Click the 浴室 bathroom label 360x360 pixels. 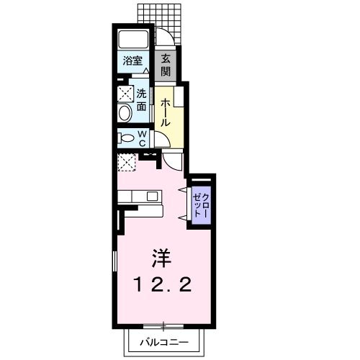point(132,62)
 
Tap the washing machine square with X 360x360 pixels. point(126,93)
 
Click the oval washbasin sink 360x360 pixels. point(124,113)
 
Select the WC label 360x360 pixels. point(143,138)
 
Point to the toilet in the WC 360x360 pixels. point(126,138)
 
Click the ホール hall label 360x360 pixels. point(165,112)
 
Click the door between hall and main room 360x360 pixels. point(174,159)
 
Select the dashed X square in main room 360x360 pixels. point(127,163)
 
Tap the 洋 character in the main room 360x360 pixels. point(160,256)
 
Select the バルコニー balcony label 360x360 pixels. point(166,343)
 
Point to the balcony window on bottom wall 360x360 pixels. point(164,324)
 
